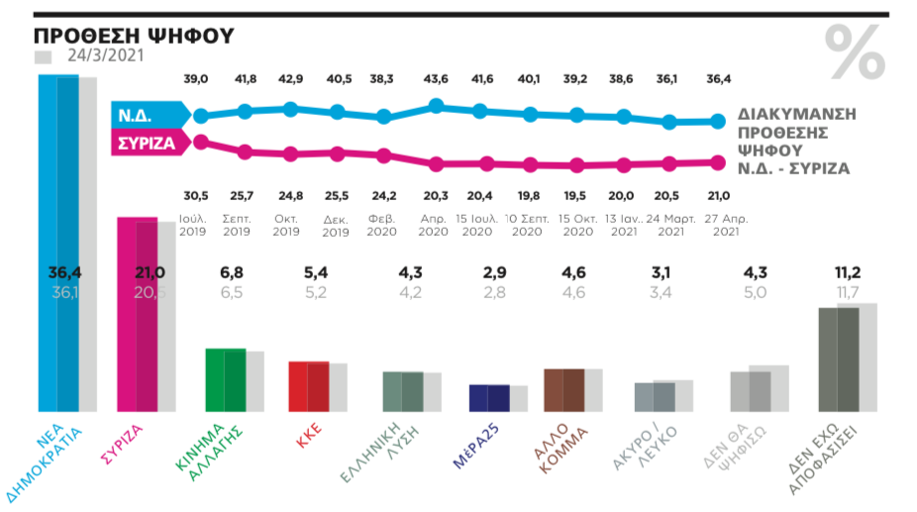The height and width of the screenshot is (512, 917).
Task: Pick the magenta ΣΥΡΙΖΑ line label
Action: [148, 143]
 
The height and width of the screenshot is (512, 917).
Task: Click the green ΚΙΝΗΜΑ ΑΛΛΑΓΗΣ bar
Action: [225, 379]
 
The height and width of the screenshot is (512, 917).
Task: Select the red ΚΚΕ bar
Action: [308, 385]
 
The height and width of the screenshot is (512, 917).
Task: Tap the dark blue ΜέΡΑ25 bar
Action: [488, 397]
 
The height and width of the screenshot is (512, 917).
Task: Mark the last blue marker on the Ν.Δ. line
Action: [716, 121]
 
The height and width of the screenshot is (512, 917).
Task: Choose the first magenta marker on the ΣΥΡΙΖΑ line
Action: [200, 142]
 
